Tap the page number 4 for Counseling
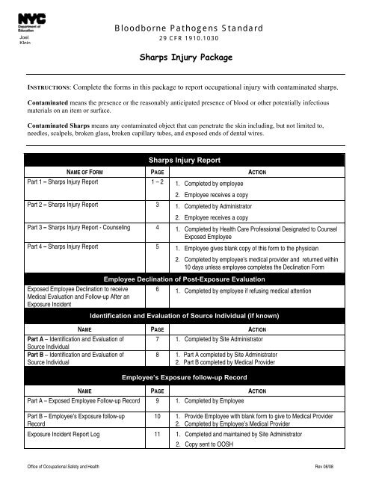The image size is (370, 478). [155, 225]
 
